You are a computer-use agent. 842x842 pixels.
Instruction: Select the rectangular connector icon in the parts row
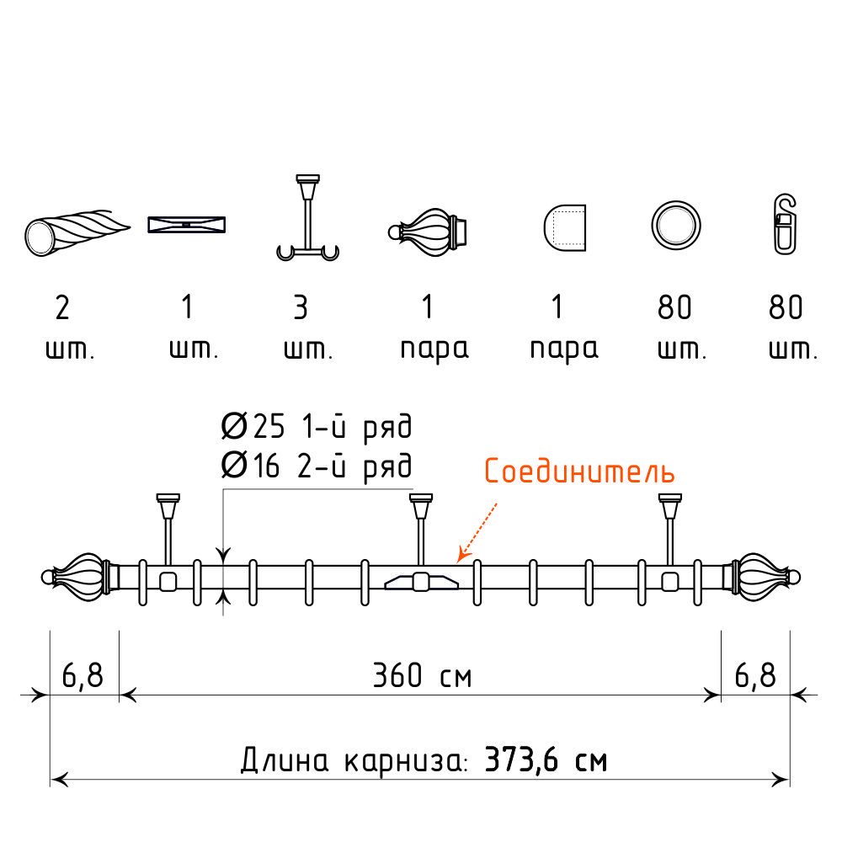(x=186, y=225)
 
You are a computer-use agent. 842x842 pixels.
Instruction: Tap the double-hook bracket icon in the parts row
(x=307, y=251)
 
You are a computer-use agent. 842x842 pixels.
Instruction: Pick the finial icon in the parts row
(x=428, y=232)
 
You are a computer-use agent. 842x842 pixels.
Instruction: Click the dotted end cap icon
(x=564, y=227)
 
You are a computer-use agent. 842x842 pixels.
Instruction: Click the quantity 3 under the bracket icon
(x=301, y=307)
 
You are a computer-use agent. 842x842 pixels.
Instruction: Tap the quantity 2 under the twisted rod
(x=62, y=307)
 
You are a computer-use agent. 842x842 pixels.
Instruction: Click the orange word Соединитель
(x=579, y=471)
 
